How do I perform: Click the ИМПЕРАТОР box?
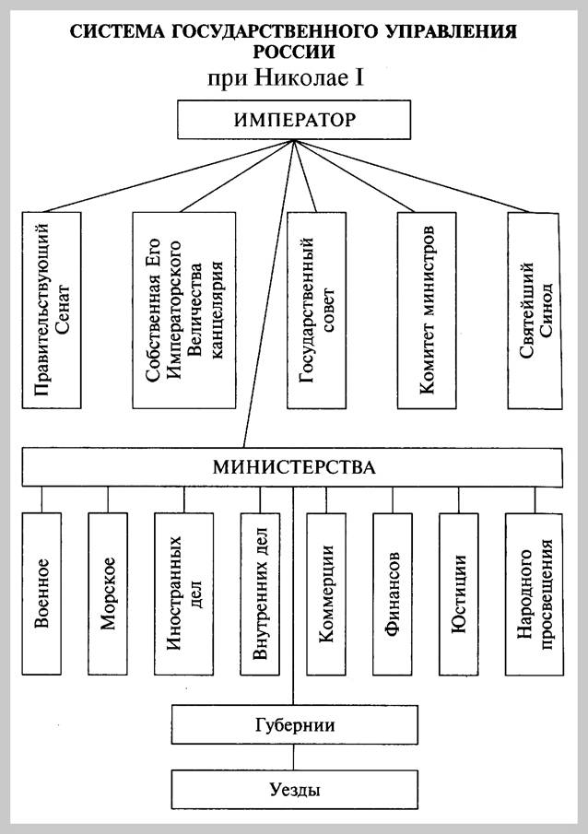click(294, 121)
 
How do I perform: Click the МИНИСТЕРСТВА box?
click(294, 466)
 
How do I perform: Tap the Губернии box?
click(294, 724)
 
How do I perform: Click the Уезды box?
click(294, 789)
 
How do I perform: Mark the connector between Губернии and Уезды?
click(294, 757)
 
